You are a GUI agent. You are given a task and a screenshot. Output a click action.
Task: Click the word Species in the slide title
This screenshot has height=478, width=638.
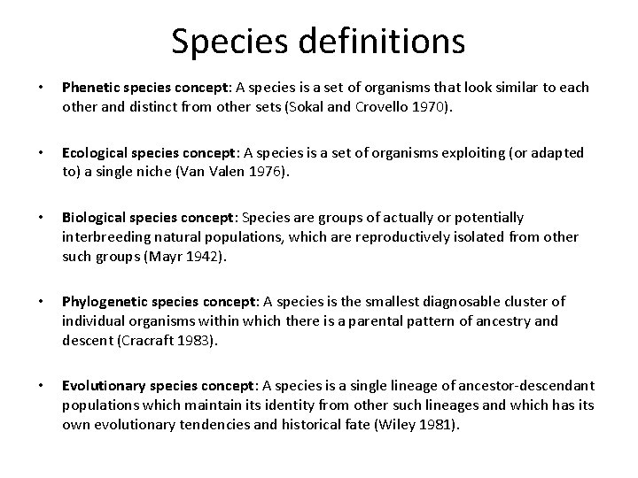225,41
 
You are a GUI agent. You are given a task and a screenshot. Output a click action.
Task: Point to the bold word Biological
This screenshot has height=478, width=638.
93,218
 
